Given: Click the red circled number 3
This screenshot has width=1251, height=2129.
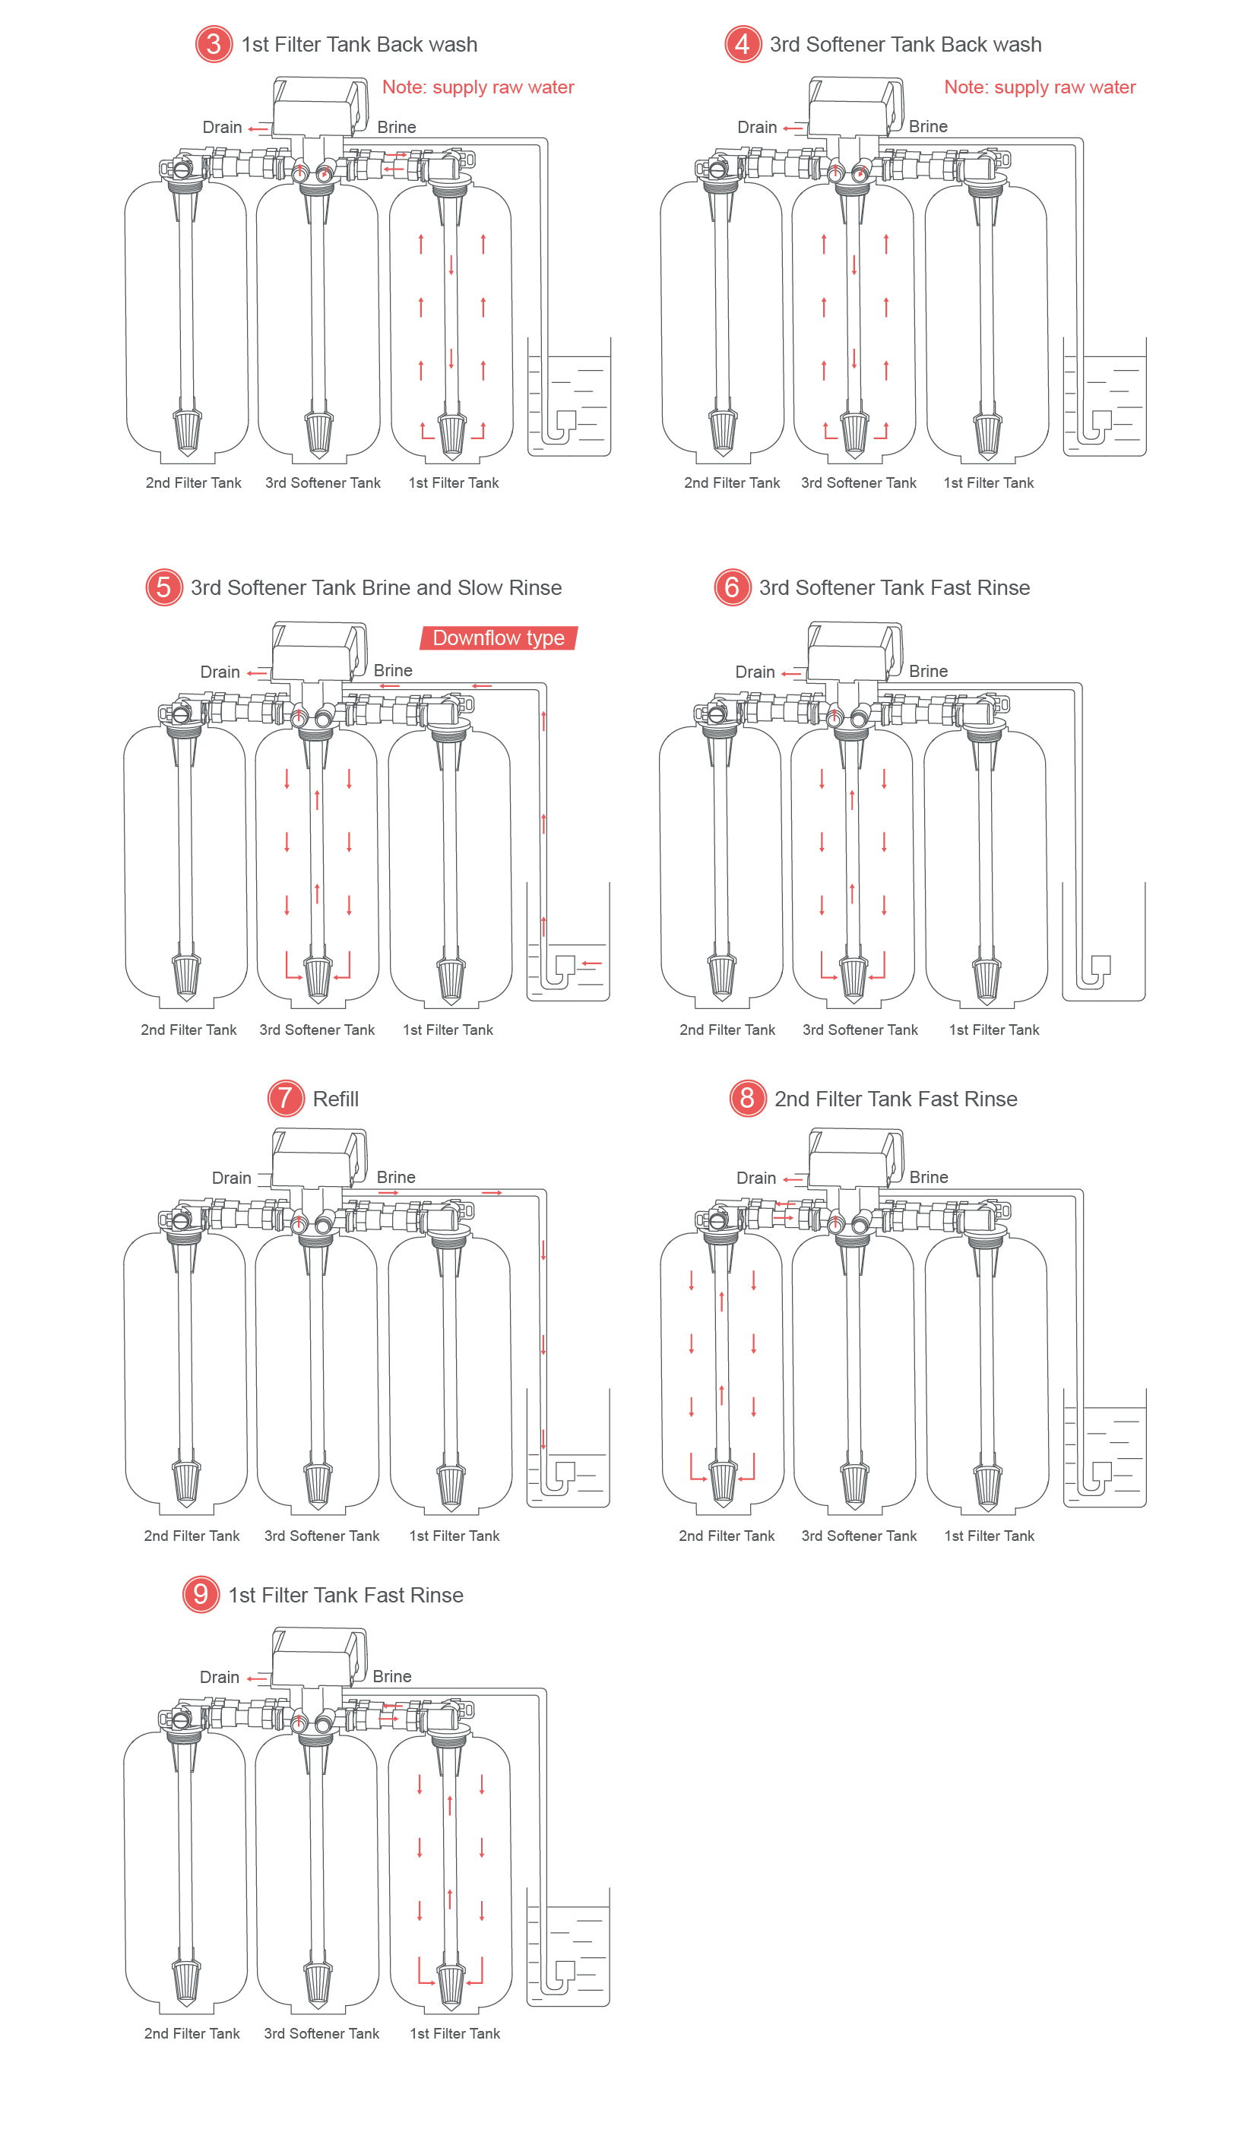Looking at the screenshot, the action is click(214, 44).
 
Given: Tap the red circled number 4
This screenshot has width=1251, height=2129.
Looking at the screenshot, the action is click(743, 44).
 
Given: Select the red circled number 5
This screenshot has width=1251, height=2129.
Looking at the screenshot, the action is click(164, 587).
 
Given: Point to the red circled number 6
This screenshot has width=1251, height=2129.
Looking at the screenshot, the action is click(732, 587).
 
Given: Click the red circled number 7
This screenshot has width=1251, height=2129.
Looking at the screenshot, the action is click(286, 1098).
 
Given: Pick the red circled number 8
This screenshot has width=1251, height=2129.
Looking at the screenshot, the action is click(747, 1098).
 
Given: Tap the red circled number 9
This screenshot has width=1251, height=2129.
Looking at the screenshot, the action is click(201, 1594).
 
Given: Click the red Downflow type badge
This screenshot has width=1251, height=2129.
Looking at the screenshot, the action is click(499, 637).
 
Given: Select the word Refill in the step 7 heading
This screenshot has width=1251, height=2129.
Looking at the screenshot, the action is click(336, 1099).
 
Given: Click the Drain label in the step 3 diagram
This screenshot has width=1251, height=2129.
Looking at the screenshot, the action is click(221, 128).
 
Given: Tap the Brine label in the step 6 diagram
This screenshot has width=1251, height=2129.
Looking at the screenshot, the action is click(928, 672).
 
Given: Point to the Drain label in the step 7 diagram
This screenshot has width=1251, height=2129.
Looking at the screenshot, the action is click(232, 1178).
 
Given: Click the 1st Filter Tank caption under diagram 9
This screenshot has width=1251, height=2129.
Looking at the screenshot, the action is click(454, 2033).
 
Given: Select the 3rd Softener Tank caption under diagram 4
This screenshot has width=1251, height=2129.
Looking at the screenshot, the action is click(859, 483).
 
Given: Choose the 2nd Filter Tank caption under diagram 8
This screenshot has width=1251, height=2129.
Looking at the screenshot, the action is click(727, 1536).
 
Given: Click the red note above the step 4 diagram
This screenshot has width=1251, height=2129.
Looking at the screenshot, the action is click(1040, 87).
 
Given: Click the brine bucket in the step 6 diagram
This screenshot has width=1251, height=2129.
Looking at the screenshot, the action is click(1104, 942).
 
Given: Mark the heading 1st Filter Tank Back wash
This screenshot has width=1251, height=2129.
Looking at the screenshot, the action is click(359, 45).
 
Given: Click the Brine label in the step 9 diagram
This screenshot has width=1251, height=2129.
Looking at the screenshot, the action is click(392, 1676).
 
